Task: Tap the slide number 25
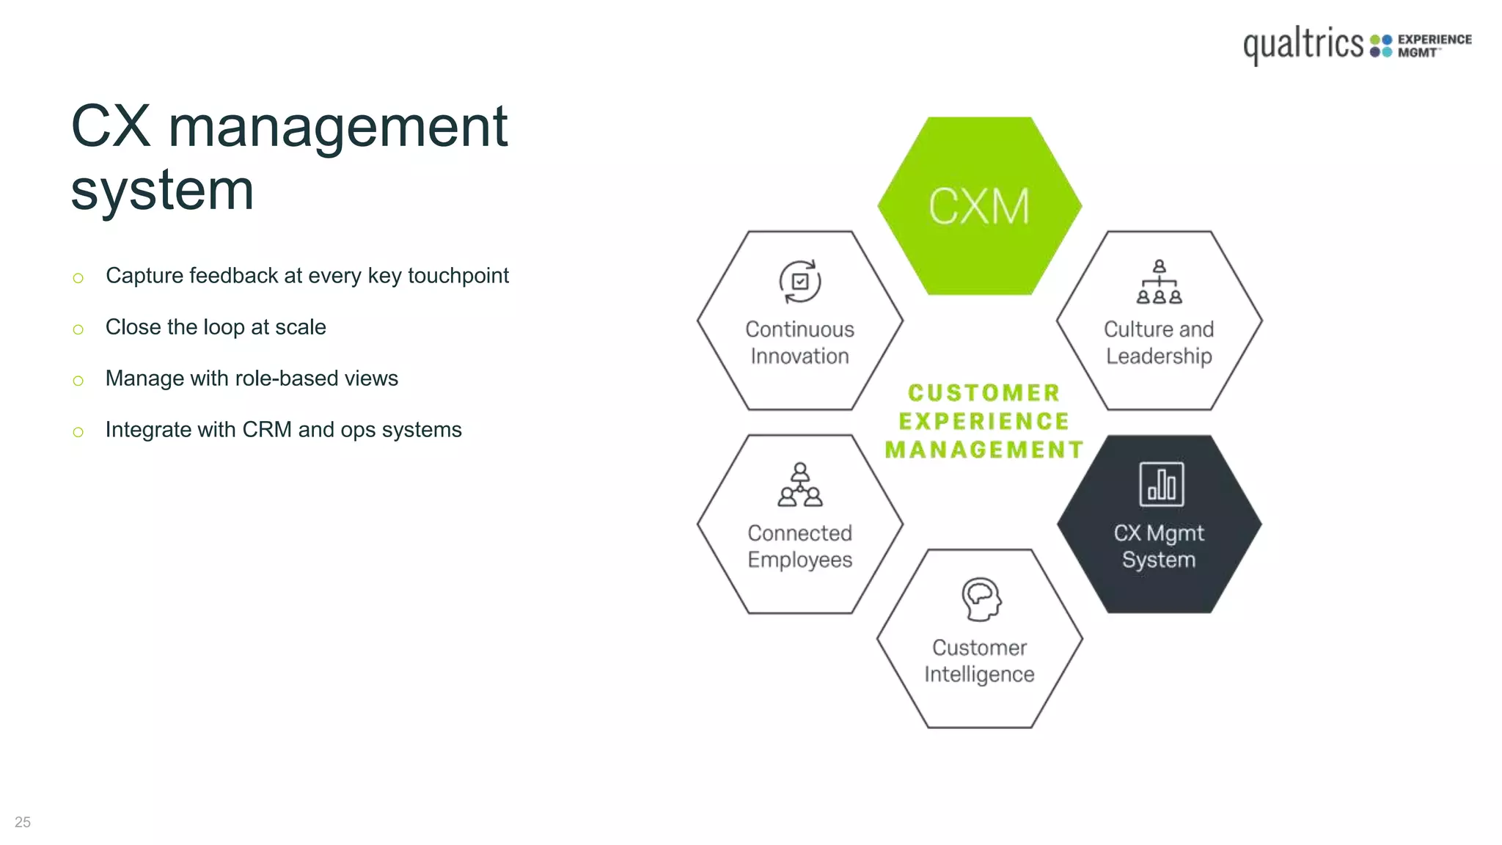coord(23,822)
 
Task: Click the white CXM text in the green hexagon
coord(979,206)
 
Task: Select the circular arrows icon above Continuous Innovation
coord(799,282)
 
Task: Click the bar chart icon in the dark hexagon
coord(1161,484)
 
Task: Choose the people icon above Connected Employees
coord(800,485)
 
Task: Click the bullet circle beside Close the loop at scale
coord(78,329)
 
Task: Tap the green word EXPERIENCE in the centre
coord(983,421)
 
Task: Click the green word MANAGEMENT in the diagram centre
coord(983,450)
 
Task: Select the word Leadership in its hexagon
coord(1159,356)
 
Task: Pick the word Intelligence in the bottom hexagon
coord(979,675)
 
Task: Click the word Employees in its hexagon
coord(799,560)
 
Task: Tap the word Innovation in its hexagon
coord(799,356)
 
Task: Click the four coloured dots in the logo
coord(1381,45)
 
